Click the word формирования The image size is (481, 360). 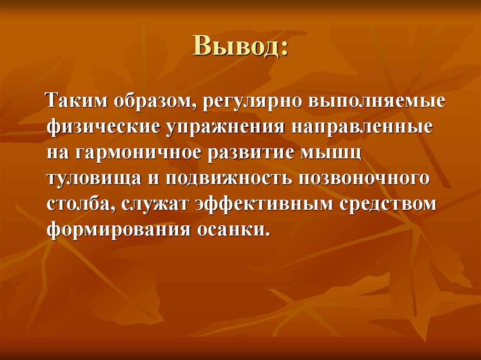pyautogui.click(x=118, y=230)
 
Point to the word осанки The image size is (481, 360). pyautogui.click(x=234, y=230)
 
